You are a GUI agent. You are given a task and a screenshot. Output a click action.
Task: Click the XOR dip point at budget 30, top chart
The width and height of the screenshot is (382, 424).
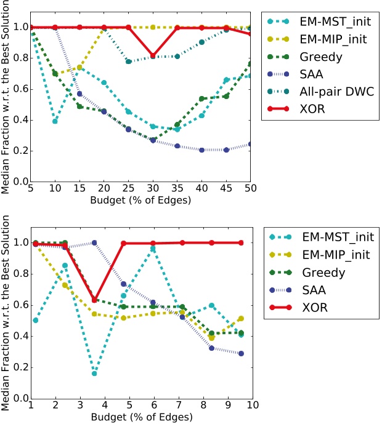point(171,55)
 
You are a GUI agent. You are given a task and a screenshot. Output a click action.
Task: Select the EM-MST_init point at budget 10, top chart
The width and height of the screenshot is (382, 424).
point(55,121)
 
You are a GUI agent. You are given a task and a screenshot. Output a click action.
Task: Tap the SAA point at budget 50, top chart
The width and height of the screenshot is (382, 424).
point(250,144)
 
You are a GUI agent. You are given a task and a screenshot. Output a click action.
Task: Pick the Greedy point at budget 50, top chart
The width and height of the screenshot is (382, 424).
point(250,63)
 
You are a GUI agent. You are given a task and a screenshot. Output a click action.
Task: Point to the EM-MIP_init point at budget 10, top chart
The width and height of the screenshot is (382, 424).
point(55,74)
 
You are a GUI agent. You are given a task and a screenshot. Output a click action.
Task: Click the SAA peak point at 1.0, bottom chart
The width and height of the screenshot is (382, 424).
point(94,242)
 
